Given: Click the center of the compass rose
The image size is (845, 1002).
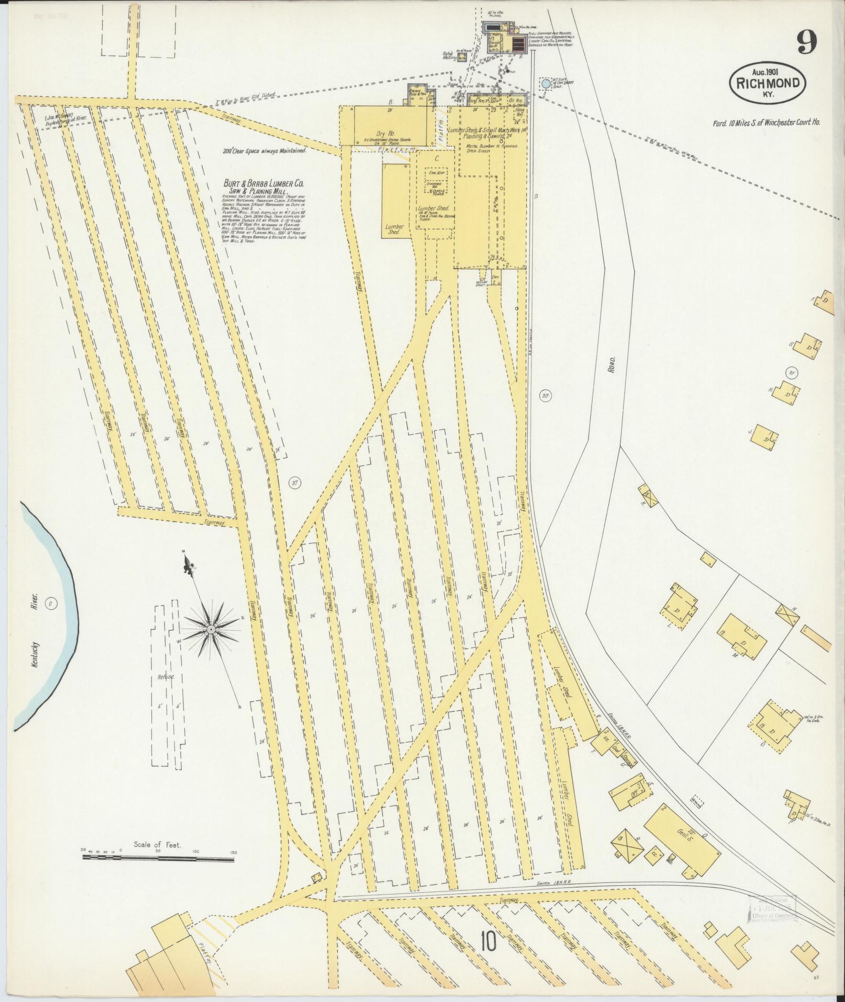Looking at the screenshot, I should click(x=210, y=629).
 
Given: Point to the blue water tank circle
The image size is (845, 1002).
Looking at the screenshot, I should click(x=546, y=83).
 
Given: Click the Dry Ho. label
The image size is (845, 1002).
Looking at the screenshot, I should click(x=385, y=133).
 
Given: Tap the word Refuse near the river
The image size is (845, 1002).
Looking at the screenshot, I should click(x=166, y=677).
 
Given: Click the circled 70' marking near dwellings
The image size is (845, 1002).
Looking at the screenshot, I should click(x=792, y=373).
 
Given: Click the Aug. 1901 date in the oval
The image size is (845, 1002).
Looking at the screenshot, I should click(x=766, y=72).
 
